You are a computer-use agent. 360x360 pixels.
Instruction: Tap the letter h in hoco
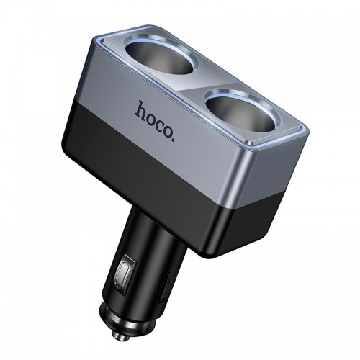tap(140, 109)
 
